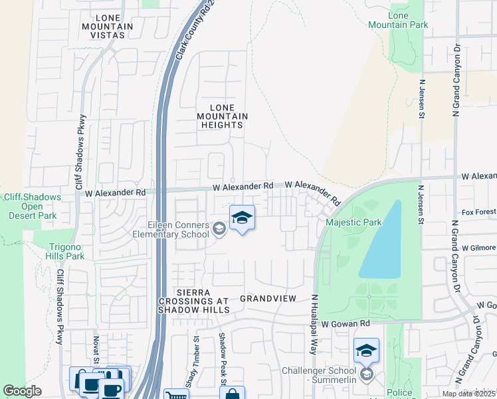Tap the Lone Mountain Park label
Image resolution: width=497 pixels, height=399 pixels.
tap(407, 20)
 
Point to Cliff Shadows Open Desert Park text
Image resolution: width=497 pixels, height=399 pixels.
tap(33, 206)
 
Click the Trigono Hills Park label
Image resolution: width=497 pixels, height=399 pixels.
tap(66, 251)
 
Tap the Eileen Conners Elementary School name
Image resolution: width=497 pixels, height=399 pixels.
tap(170, 229)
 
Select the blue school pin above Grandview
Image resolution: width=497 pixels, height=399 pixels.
tap(243, 218)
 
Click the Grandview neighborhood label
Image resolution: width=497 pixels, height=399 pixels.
tap(267, 299)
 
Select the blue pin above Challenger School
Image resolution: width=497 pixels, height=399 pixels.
tap(366, 350)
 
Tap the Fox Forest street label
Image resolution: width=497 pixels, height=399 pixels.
tap(479, 212)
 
